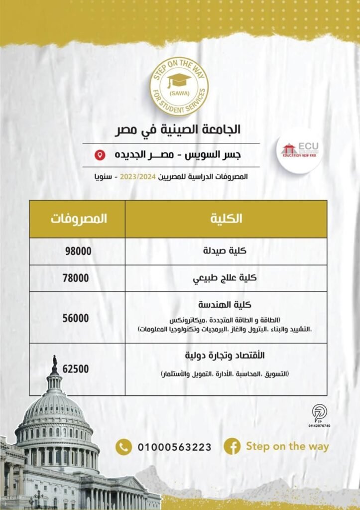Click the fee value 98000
coord(78,252)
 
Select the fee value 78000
coord(78,278)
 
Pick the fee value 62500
coord(77,369)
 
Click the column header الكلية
coord(227,219)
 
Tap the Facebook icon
coord(232,446)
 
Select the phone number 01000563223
coord(174,447)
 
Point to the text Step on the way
coord(287,446)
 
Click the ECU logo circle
coord(300,150)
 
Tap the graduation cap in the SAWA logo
coord(179,79)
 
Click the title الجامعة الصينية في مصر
coord(184,129)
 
